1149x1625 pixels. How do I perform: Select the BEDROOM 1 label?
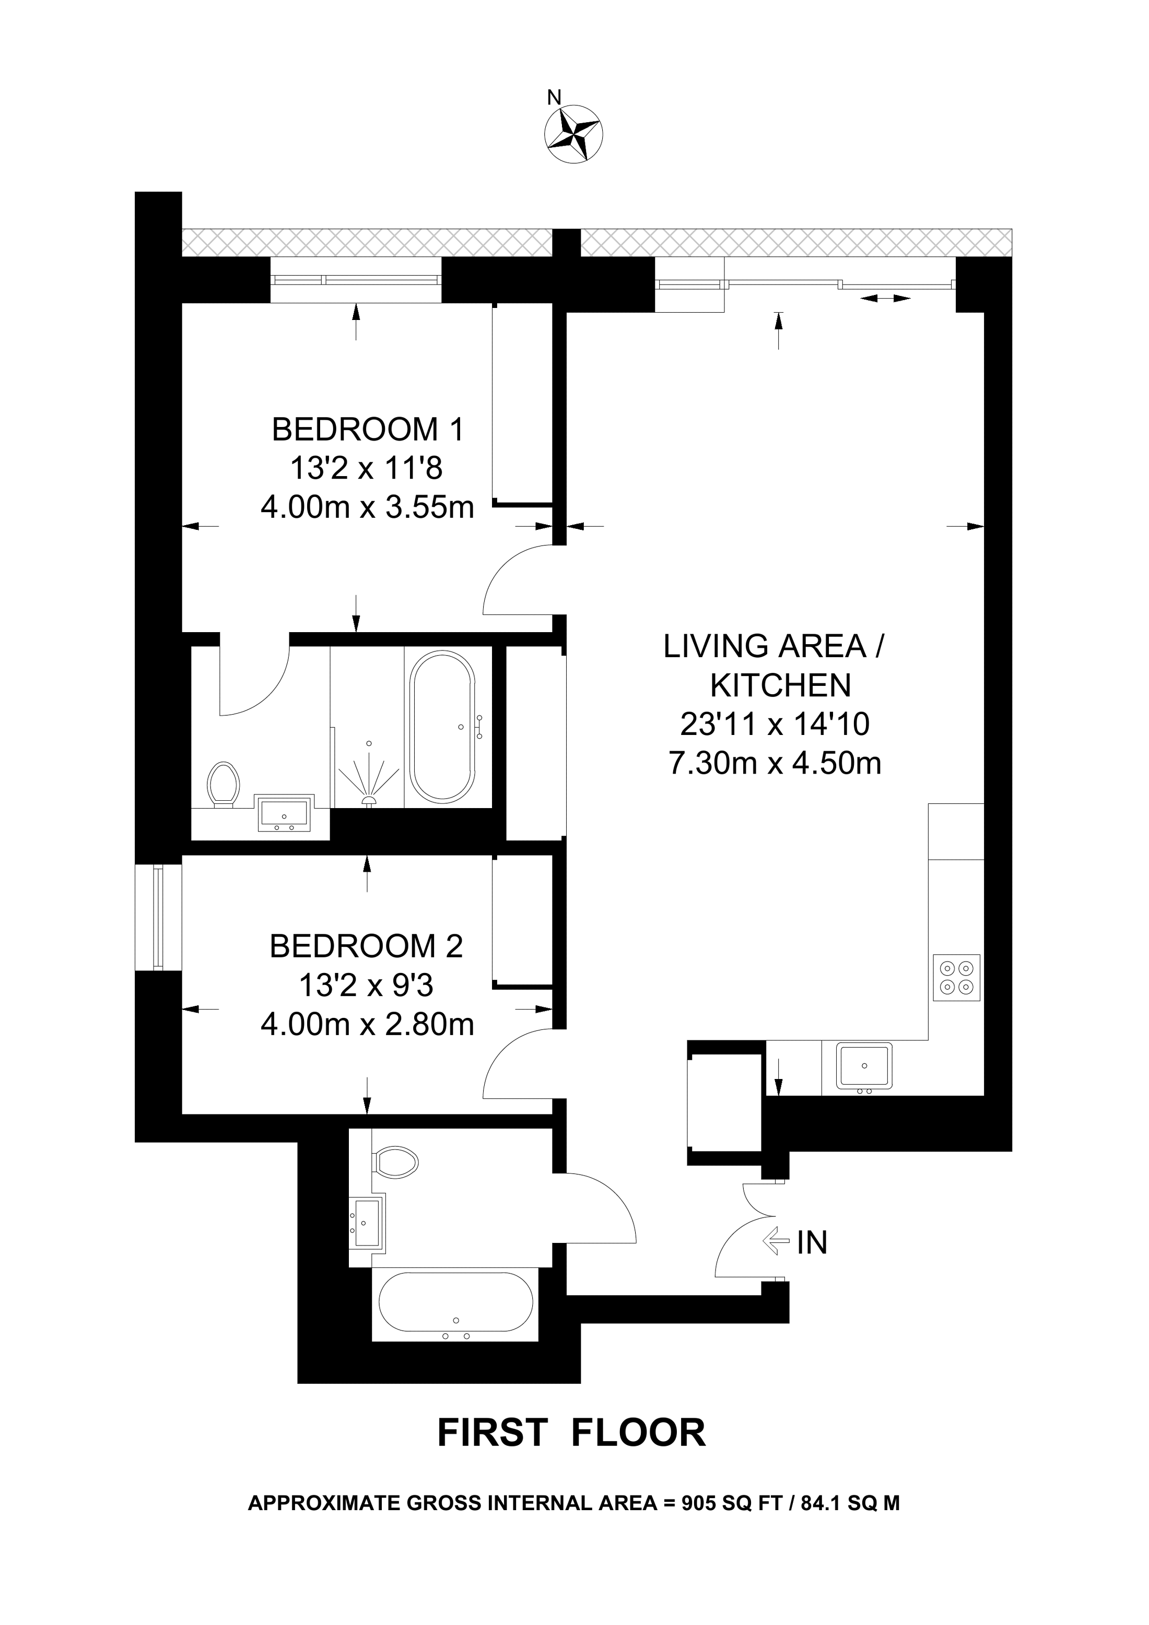tap(368, 430)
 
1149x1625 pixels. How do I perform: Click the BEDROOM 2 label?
tap(366, 946)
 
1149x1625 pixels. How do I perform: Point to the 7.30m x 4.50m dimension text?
tap(775, 764)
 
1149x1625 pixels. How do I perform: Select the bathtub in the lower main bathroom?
tap(456, 1303)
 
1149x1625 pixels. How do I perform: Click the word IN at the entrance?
tap(812, 1243)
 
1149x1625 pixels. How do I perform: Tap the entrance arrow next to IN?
tap(776, 1241)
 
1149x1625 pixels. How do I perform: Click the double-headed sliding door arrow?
tap(886, 299)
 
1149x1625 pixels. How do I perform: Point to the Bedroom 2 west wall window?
tap(157, 917)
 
